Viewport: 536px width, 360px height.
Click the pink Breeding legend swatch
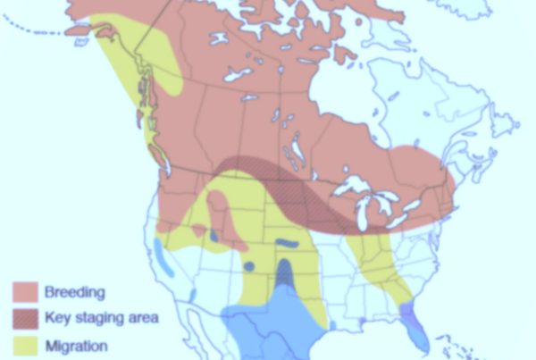point(25,292)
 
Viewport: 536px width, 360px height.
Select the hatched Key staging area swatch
point(25,318)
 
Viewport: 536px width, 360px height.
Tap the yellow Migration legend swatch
point(25,345)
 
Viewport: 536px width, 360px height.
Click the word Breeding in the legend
point(75,292)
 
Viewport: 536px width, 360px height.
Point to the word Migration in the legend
point(76,346)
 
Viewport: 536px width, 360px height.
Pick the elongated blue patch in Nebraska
point(288,242)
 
